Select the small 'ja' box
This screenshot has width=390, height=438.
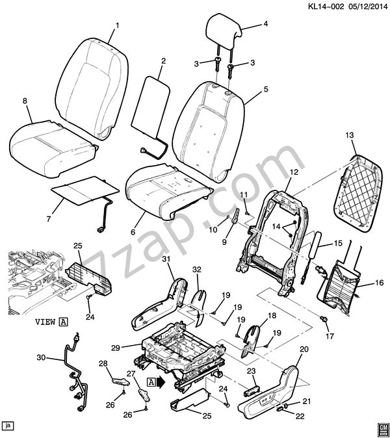[8, 426]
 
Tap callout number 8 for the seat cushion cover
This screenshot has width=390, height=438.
[25, 101]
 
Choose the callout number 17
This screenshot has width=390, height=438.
[330, 336]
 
